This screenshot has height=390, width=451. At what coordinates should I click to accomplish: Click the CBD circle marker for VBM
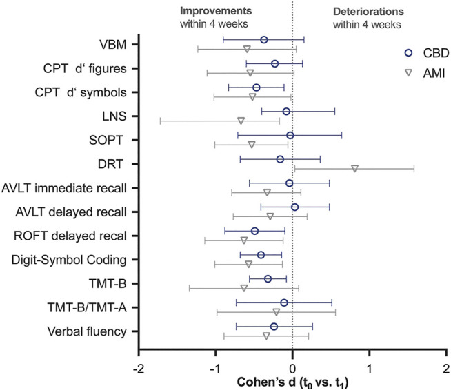tap(264, 40)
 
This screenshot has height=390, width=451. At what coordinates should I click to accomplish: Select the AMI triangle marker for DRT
tap(354, 168)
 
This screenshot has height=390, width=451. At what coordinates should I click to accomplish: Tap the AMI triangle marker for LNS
tap(241, 121)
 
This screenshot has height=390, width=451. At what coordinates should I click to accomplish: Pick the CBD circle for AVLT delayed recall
tap(295, 207)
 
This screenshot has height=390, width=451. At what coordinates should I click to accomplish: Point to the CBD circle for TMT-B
tap(268, 278)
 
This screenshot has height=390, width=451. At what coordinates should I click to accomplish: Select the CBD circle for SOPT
tap(290, 135)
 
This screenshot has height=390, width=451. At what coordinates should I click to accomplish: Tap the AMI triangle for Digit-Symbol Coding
tap(249, 264)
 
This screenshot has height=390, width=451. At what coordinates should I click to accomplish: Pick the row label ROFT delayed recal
tap(70, 236)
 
